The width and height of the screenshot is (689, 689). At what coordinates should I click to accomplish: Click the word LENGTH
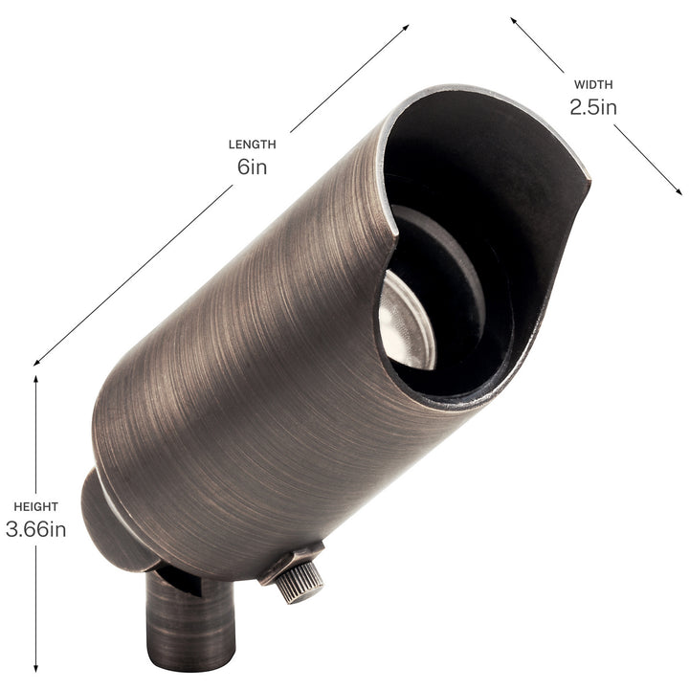pyautogui.click(x=252, y=144)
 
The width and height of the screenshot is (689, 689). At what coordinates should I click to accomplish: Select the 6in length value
pyautogui.click(x=252, y=167)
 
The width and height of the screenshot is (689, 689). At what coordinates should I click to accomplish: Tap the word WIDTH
pyautogui.click(x=593, y=84)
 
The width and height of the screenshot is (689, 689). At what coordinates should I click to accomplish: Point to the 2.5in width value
pyautogui.click(x=593, y=106)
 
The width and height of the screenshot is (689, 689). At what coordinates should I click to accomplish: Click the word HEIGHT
pyautogui.click(x=35, y=506)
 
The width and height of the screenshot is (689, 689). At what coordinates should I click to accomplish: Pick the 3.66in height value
pyautogui.click(x=35, y=529)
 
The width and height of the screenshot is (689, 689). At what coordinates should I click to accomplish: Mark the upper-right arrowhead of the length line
pyautogui.click(x=405, y=29)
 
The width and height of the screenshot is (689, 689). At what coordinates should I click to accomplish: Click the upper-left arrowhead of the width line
pyautogui.click(x=514, y=19)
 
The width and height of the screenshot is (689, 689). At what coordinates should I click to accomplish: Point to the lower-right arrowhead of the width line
pyautogui.click(x=678, y=191)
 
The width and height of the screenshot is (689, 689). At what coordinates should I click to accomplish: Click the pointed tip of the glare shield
pyautogui.click(x=585, y=175)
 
